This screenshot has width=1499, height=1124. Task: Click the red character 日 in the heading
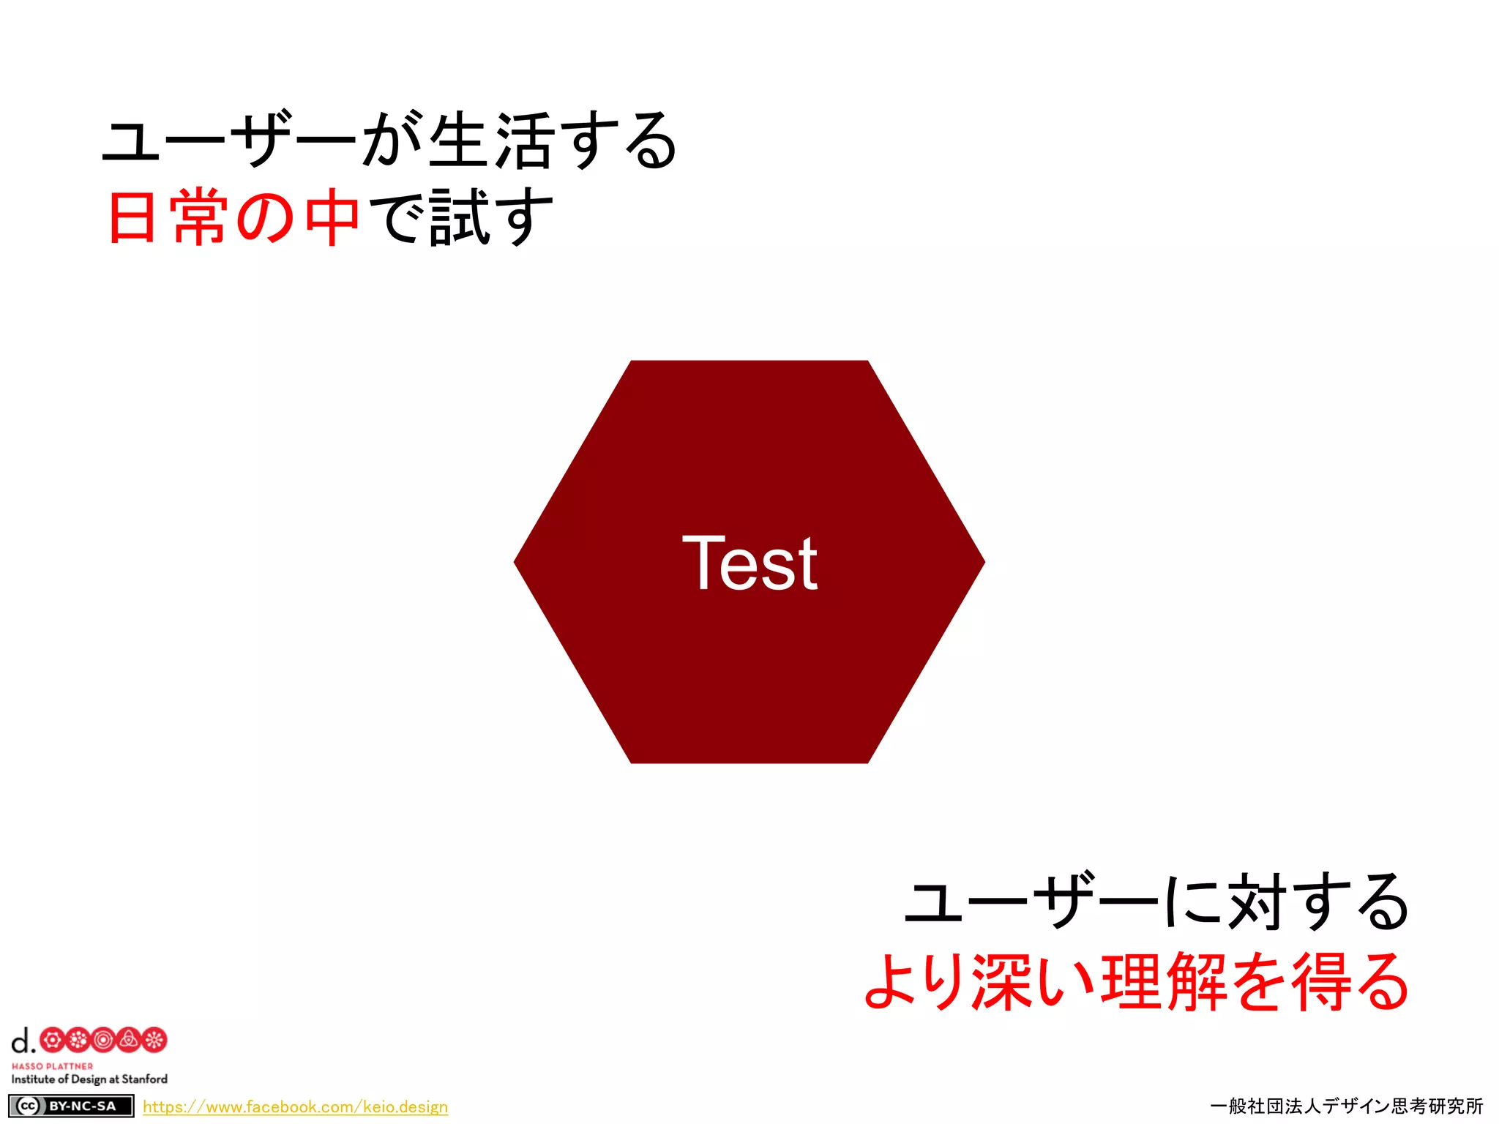tap(132, 217)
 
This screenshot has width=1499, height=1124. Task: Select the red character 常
tap(198, 217)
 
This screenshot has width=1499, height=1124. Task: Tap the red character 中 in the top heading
tap(332, 217)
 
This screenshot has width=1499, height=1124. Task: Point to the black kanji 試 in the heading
tap(460, 217)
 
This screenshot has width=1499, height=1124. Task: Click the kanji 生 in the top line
tap(459, 140)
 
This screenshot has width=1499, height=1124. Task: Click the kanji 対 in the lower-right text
tap(1256, 902)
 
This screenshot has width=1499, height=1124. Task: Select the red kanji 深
tap(1002, 982)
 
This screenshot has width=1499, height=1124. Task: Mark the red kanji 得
tap(1322, 982)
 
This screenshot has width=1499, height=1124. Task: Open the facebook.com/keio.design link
tap(295, 1106)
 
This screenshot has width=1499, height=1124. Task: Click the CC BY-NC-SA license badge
tap(71, 1106)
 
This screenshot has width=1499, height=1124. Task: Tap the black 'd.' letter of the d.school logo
tap(22, 1040)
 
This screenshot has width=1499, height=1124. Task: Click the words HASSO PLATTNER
tap(52, 1066)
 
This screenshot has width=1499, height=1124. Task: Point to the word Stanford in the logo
tap(144, 1079)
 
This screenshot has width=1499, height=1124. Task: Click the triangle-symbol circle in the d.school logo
tap(129, 1039)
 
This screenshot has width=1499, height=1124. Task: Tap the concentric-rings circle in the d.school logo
tap(103, 1039)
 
